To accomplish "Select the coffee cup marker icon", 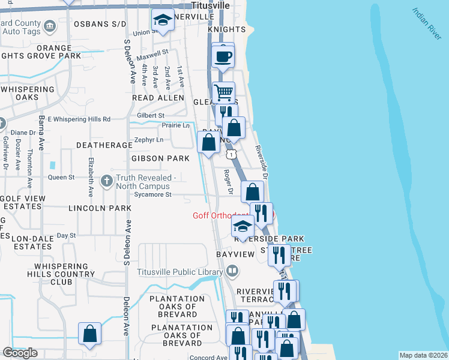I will (x=223, y=56).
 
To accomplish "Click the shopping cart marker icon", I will (x=223, y=93).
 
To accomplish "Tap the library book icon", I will (x=232, y=272).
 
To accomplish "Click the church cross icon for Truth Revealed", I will (x=106, y=181).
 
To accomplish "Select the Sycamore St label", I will (x=152, y=194).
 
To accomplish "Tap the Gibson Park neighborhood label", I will (x=160, y=158).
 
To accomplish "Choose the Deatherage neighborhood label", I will (x=104, y=145).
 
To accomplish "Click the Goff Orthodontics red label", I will (x=221, y=215).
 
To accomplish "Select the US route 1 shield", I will (x=231, y=154).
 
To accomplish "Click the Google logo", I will (x=20, y=353).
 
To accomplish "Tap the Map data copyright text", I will (x=424, y=355).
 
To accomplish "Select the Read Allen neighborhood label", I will (x=158, y=97).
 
